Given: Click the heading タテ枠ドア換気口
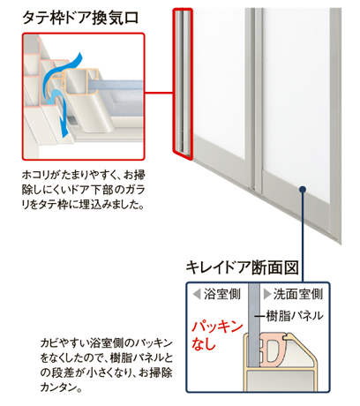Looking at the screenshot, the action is click(80, 18).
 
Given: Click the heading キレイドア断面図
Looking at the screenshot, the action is click(242, 267).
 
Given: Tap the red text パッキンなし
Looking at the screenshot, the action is click(217, 335).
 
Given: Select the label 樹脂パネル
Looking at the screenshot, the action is click(295, 316).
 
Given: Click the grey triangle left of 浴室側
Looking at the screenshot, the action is click(197, 294).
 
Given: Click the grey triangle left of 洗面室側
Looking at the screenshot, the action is click(267, 294).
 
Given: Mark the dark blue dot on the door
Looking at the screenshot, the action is click(303, 189).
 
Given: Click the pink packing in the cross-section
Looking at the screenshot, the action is click(272, 350).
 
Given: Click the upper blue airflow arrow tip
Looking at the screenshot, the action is click(79, 55).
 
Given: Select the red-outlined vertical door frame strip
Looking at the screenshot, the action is click(183, 84).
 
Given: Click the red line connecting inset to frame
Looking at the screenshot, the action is click(159, 94).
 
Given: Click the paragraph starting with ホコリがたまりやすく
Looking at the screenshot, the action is click(84, 190).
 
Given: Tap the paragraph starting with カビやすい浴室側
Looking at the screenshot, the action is click(107, 365).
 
